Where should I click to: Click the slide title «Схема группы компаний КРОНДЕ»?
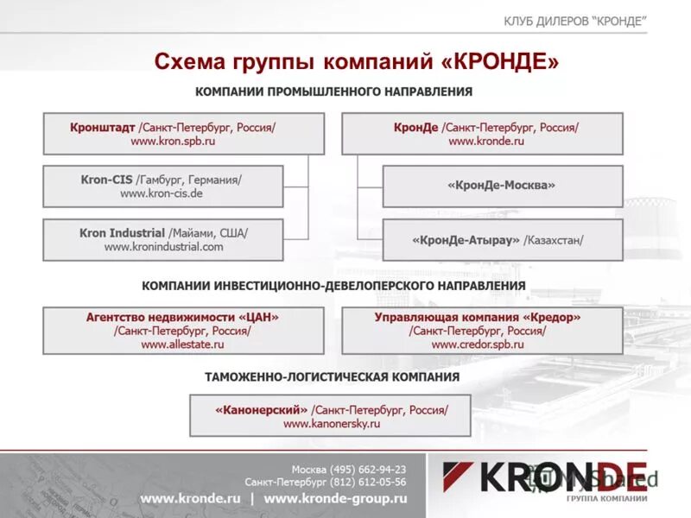[356, 62]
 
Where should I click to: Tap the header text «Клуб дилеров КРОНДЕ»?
[574, 22]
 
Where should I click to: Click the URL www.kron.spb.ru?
[173, 141]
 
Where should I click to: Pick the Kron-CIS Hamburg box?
[162, 186]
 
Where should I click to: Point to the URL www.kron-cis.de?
[162, 194]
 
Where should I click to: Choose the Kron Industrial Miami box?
[162, 239]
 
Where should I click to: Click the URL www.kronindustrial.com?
[163, 247]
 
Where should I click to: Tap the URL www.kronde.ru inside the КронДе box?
[486, 141]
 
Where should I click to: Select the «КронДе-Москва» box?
[502, 186]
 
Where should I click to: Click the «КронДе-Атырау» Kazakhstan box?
[502, 239]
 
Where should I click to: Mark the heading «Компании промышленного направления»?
[333, 91]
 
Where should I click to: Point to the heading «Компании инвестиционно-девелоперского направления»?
[333, 286]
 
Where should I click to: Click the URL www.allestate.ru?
[182, 344]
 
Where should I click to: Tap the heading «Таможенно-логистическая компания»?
[332, 377]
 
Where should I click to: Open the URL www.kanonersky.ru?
[332, 424]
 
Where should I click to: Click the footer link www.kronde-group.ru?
[335, 499]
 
